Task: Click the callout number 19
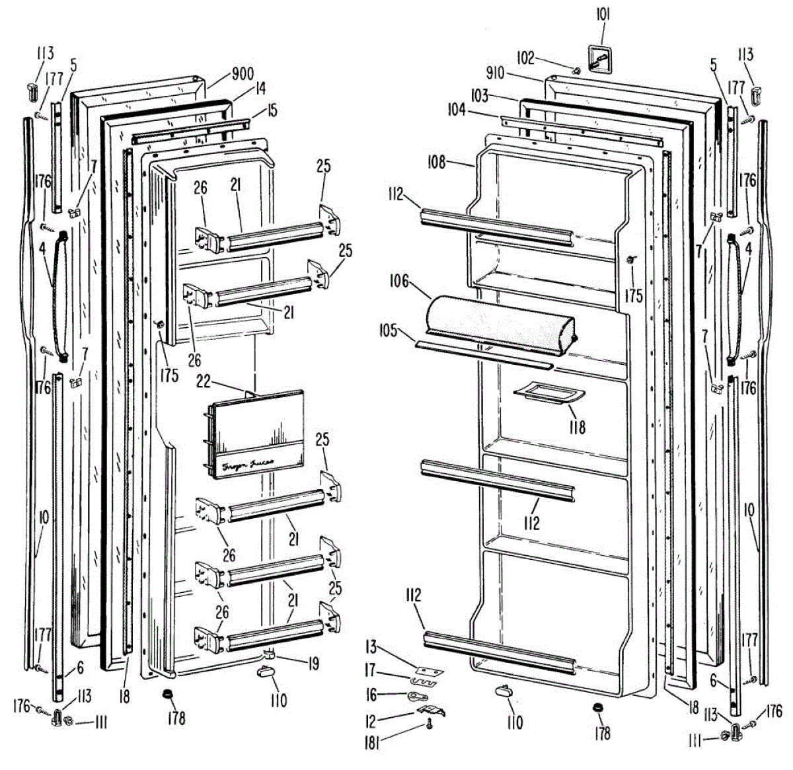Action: pos(313,663)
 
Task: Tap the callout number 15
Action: pos(273,110)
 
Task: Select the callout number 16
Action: pos(372,695)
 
